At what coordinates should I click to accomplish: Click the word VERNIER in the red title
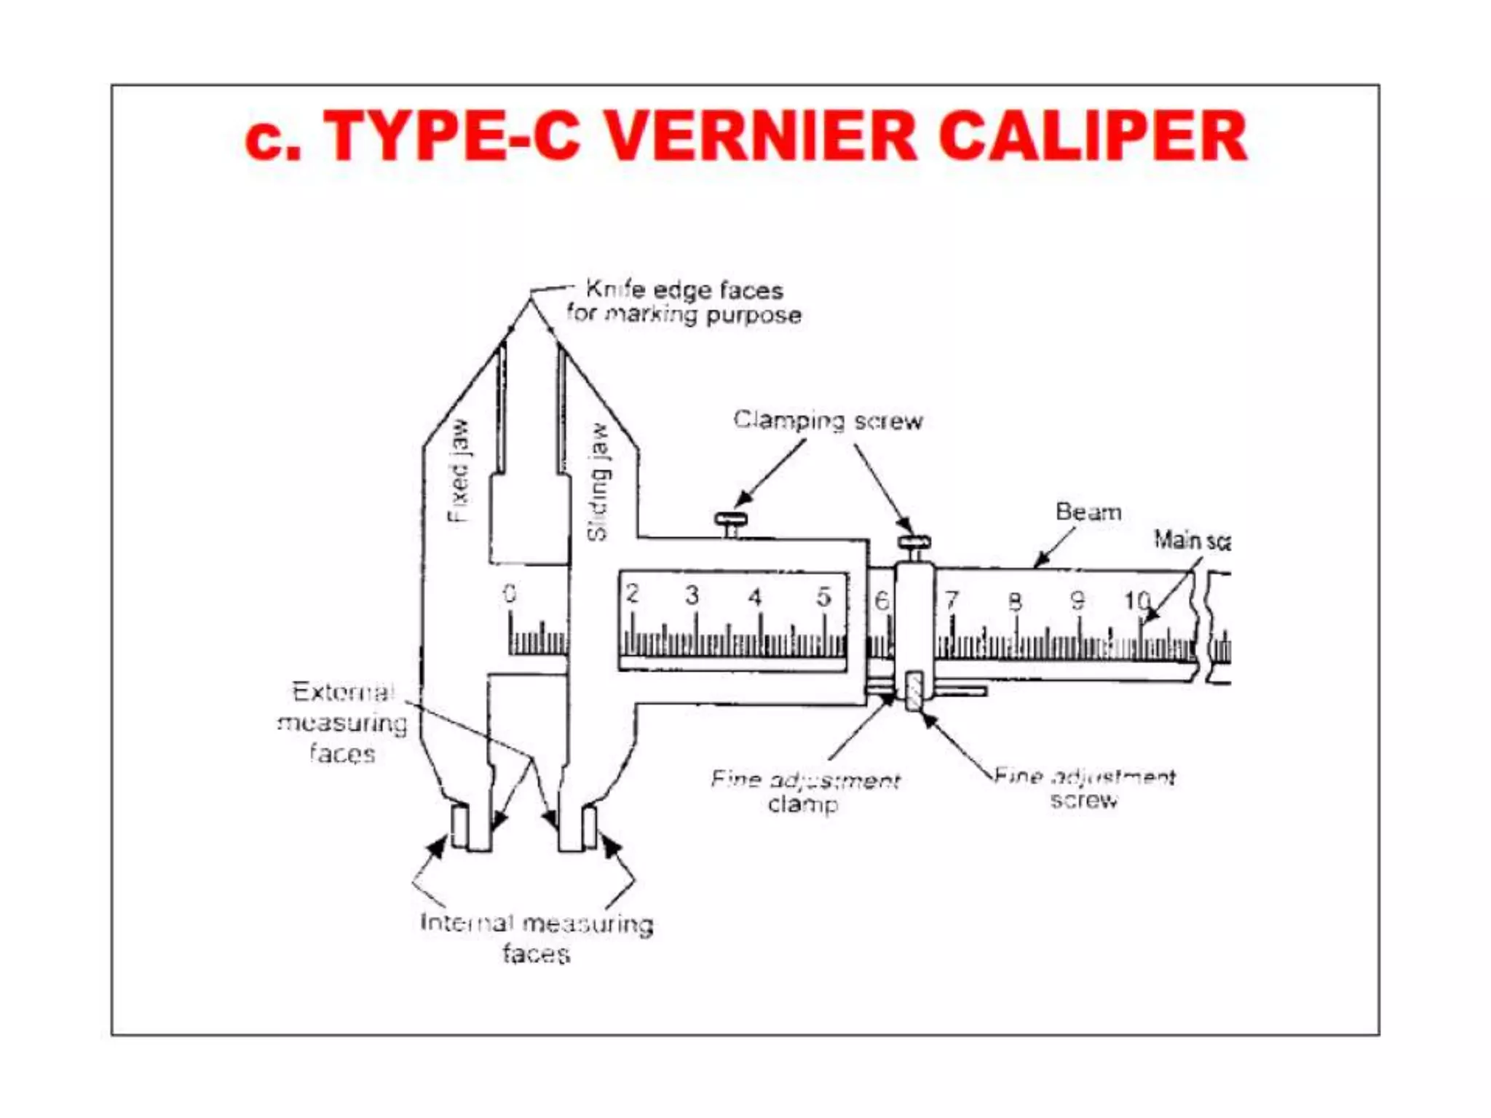[761, 136]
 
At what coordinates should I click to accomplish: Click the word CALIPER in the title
[1092, 136]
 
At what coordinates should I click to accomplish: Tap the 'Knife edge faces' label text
[684, 290]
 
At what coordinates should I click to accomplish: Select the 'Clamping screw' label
[828, 421]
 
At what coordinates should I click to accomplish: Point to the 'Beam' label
[1088, 512]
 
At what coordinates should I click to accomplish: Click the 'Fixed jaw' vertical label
[458, 471]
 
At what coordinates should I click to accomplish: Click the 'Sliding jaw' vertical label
[598, 482]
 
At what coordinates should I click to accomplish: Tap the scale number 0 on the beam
[510, 594]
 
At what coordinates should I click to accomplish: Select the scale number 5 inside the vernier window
[823, 597]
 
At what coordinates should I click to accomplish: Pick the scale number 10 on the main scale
[1136, 600]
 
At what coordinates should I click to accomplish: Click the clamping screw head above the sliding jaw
[730, 520]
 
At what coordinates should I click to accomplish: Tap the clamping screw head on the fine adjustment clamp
[914, 543]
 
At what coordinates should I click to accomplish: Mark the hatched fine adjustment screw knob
[914, 691]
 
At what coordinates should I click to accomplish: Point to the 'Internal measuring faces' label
[537, 937]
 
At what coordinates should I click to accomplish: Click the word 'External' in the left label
[342, 692]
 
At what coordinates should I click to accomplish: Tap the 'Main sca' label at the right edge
[1191, 541]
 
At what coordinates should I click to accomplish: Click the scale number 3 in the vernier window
[692, 595]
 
